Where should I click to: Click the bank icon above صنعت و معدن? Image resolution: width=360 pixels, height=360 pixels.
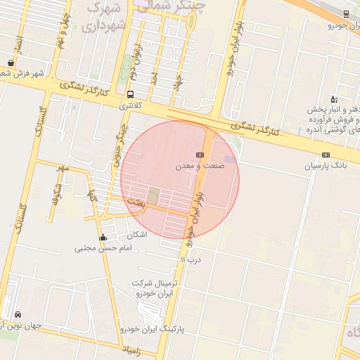(x=200, y=155)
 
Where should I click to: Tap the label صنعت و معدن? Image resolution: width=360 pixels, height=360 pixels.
(x=200, y=166)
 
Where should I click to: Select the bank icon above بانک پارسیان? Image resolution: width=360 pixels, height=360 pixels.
(x=326, y=155)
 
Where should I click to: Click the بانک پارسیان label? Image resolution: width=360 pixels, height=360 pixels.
(x=326, y=166)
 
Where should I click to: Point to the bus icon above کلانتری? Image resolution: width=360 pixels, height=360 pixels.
(x=130, y=94)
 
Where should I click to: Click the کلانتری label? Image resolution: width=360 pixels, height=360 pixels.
(x=130, y=105)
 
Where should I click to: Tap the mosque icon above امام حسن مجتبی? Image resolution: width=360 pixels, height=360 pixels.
(x=104, y=237)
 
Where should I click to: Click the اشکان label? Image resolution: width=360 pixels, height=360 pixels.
(x=139, y=234)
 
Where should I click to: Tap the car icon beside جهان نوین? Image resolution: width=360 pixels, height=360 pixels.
(x=17, y=314)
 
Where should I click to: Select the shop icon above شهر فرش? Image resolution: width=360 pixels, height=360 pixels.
(x=10, y=62)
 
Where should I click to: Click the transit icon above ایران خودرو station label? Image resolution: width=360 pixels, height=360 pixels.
(x=346, y=14)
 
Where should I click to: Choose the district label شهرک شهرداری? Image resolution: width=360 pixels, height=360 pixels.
(x=105, y=18)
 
